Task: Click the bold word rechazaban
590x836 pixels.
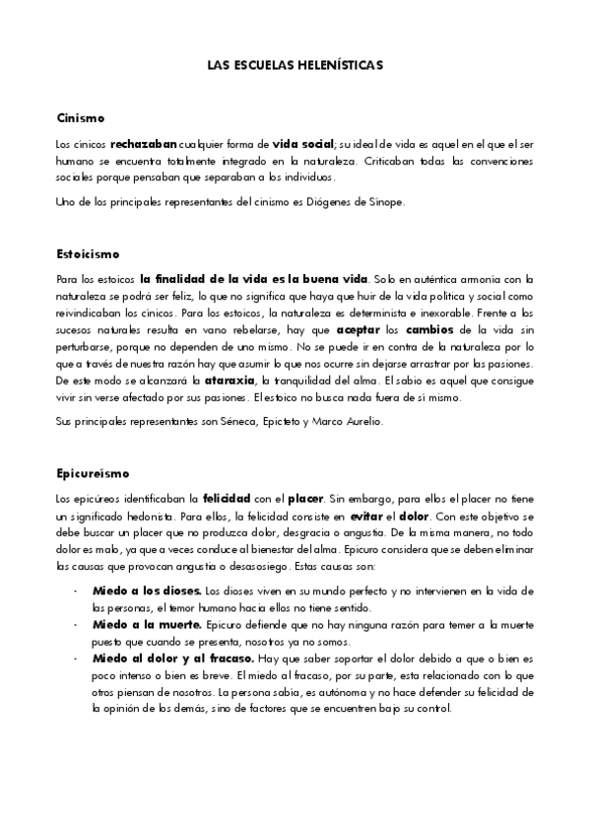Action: [x=144, y=144]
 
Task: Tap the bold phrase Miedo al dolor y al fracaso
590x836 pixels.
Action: [x=170, y=659]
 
